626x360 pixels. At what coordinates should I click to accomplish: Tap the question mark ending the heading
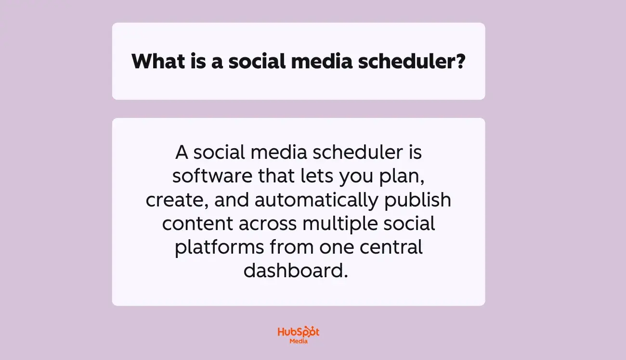pyautogui.click(x=459, y=62)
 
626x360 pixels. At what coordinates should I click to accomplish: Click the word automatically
pyautogui.click(x=316, y=200)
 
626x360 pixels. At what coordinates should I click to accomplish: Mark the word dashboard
pyautogui.click(x=295, y=271)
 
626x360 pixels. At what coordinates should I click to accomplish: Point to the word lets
pyautogui.click(x=317, y=177)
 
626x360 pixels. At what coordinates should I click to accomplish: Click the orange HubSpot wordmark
pyautogui.click(x=299, y=332)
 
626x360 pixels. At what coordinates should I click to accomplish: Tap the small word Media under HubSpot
pyautogui.click(x=299, y=341)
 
